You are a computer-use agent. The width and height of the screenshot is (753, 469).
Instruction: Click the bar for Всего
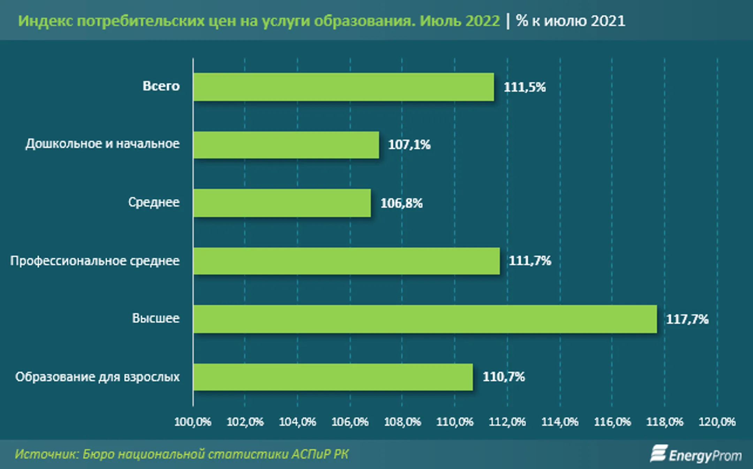[x=343, y=87]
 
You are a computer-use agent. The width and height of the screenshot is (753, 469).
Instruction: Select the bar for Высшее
[x=425, y=319]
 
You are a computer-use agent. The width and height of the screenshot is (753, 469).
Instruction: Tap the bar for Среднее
[x=282, y=203]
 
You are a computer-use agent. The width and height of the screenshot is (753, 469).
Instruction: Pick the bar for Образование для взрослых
[x=333, y=377]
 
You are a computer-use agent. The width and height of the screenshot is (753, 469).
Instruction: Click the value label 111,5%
[x=525, y=87]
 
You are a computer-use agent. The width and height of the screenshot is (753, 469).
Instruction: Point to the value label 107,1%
[x=409, y=145]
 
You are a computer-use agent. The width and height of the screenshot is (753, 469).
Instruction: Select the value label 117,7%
[x=687, y=319]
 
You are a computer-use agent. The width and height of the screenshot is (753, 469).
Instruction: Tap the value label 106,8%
[x=401, y=203]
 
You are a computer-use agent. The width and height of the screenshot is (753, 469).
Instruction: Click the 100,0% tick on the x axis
[x=193, y=422]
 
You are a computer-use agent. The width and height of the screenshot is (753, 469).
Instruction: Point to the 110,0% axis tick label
[x=455, y=422]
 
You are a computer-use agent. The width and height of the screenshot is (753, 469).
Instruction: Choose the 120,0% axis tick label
[x=717, y=422]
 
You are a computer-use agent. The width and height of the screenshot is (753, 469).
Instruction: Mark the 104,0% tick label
[x=297, y=422]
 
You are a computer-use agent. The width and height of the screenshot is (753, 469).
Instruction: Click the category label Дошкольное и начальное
[x=102, y=144]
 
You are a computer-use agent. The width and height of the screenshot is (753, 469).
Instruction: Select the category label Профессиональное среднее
[x=95, y=261]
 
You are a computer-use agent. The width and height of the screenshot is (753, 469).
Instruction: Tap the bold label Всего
[x=161, y=86]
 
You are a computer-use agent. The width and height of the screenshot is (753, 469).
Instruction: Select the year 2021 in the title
[x=608, y=21]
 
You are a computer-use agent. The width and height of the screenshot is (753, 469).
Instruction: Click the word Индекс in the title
[x=45, y=21]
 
